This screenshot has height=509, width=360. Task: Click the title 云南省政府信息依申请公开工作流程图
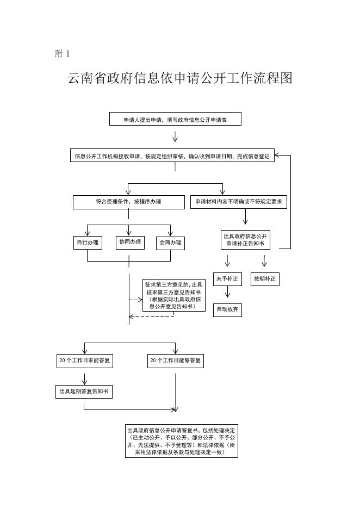[x=180, y=79]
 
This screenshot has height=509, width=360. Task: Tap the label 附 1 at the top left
[x=63, y=53]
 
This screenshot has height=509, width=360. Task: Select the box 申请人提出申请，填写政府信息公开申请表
[x=175, y=120]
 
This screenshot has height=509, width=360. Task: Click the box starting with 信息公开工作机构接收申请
[x=172, y=156]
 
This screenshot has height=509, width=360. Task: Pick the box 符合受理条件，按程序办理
[x=128, y=202]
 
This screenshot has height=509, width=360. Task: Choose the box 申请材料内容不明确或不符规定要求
[x=239, y=202]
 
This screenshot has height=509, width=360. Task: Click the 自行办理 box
[x=87, y=243]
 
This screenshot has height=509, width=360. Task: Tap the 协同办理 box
[x=129, y=242]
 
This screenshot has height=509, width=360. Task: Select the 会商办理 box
[x=170, y=243]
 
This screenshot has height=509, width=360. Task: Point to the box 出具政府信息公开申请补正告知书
[x=246, y=240]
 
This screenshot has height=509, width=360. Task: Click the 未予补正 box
[x=227, y=279]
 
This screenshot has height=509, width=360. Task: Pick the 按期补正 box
[x=264, y=279]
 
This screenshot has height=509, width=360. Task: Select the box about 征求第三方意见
[x=174, y=295]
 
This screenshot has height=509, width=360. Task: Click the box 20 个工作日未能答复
[x=85, y=361]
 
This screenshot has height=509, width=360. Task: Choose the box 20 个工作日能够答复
[x=176, y=361]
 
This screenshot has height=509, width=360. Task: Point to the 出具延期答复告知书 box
[x=84, y=391]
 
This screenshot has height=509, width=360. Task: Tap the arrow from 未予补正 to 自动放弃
[x=227, y=294]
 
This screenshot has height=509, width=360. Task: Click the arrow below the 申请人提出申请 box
[x=175, y=136]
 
